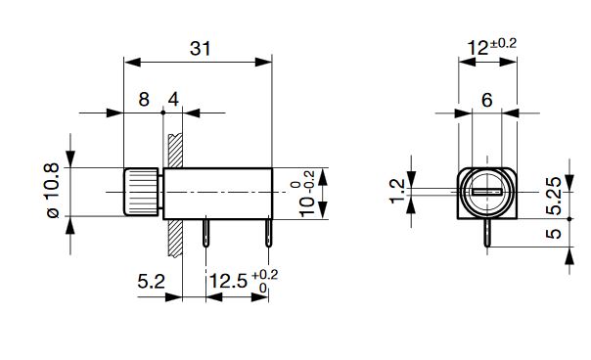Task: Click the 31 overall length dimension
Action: (x=201, y=49)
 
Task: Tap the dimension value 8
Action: (x=144, y=100)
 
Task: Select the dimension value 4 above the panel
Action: (x=173, y=100)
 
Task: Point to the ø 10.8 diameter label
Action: (x=53, y=191)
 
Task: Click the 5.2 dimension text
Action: (x=151, y=281)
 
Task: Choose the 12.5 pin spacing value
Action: (x=228, y=281)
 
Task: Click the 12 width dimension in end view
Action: (x=477, y=48)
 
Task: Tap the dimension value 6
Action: (x=487, y=100)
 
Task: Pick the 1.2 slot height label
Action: (x=397, y=192)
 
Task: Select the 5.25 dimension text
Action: (x=554, y=196)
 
